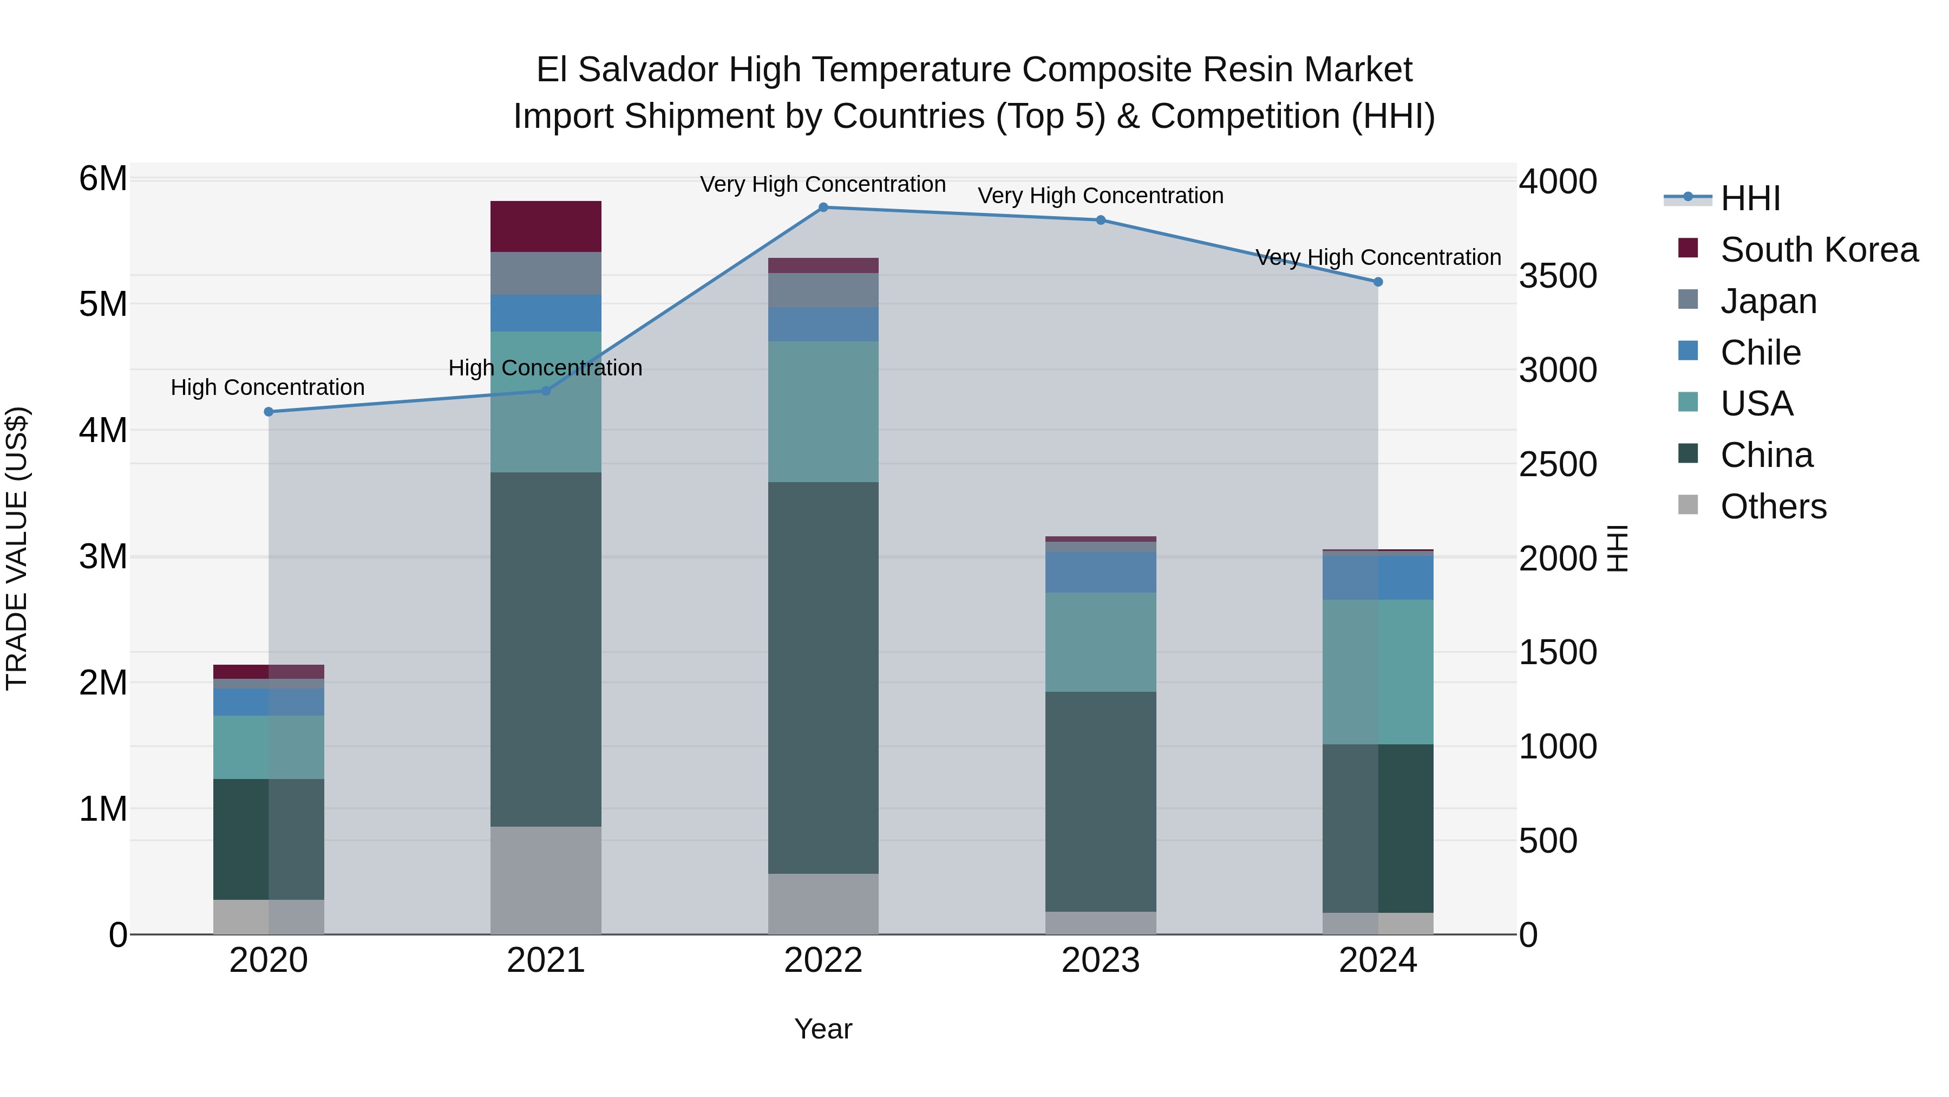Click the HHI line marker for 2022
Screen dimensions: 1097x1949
823,207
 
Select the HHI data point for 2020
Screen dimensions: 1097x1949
269,412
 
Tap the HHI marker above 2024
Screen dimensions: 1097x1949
1378,282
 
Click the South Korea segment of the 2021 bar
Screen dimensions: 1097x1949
546,226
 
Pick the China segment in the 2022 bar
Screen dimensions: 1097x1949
823,678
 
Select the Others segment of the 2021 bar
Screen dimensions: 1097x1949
546,880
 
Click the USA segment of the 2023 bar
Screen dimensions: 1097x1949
1100,641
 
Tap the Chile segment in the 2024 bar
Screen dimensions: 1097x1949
1378,577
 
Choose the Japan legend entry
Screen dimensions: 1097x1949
1768,301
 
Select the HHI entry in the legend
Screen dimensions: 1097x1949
1749,198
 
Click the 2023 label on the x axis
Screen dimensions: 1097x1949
1100,960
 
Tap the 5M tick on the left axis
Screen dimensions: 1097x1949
103,304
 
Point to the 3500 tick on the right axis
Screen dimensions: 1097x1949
1558,276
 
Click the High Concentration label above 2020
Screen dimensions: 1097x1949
268,388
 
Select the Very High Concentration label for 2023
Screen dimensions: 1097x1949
1100,196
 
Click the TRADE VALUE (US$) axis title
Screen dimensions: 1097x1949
17,548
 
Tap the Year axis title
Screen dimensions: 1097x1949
823,1029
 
